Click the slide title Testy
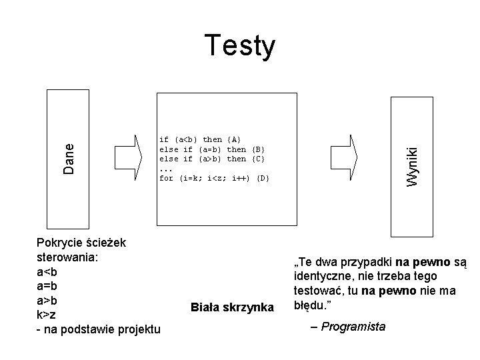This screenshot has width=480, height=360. [x=239, y=46]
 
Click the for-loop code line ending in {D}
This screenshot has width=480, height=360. [x=213, y=178]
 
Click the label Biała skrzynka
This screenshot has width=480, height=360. [x=232, y=307]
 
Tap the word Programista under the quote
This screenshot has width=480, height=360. [x=353, y=326]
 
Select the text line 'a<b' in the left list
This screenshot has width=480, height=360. [x=47, y=272]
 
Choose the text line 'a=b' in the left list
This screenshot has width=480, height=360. [x=47, y=286]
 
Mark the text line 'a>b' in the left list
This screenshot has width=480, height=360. [x=47, y=300]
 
